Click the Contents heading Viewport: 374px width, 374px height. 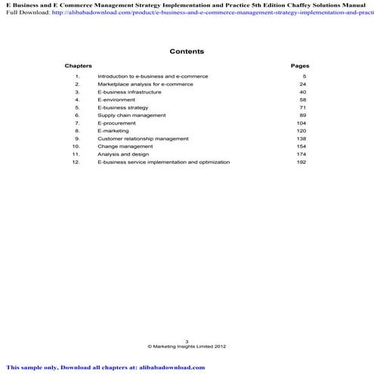tap(187, 51)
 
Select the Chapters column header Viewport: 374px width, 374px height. tap(78, 66)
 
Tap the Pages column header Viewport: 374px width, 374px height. tap(299, 66)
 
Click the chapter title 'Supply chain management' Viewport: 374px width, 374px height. tap(131, 115)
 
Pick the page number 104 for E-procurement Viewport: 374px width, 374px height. tap(301, 122)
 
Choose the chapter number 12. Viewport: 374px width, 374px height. tap(76, 162)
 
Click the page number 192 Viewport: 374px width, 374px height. tap(301, 162)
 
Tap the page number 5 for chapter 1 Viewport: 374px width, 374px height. tap(304, 76)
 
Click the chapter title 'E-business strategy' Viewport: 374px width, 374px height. tap(122, 107)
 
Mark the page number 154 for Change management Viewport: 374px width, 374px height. tap(301, 146)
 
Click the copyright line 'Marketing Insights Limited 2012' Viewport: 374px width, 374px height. tap(189, 347)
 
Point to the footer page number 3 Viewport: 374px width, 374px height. tap(186, 342)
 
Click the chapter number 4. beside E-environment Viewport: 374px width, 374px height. tap(77, 100)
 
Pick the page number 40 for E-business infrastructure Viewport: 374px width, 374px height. tap(302, 91)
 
